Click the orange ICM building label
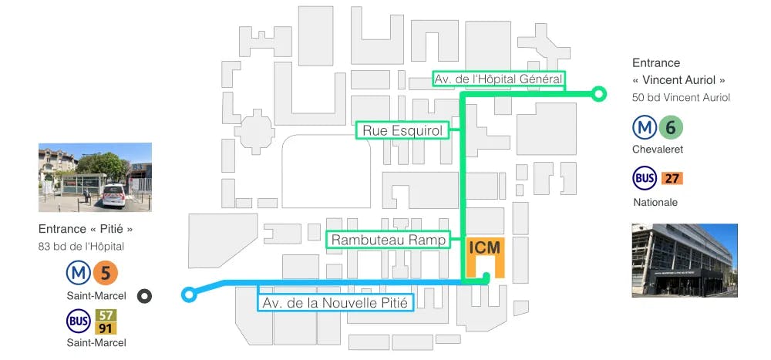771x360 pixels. (484, 248)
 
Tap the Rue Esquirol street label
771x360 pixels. (402, 131)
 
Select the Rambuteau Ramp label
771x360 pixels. (389, 241)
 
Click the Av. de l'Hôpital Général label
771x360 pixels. (498, 79)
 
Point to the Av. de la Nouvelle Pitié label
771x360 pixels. (335, 301)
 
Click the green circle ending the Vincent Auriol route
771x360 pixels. (597, 95)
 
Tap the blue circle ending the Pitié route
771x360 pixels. (188, 294)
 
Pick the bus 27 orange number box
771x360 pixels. (672, 179)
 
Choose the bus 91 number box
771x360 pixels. (106, 328)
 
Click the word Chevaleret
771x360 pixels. (658, 150)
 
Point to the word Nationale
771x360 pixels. (655, 202)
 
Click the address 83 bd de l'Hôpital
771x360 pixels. (81, 247)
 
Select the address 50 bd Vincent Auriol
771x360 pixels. (681, 97)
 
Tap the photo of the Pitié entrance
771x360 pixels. (94, 177)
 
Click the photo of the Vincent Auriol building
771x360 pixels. (684, 260)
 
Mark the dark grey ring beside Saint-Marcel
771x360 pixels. (144, 296)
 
